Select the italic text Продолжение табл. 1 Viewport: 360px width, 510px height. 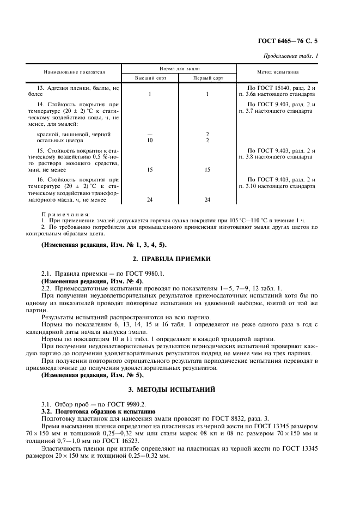[291, 56]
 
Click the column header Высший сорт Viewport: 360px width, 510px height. [149, 78]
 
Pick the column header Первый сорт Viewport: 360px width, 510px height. [207, 78]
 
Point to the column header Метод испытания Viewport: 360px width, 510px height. [277, 72]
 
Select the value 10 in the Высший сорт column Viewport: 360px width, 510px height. [149, 140]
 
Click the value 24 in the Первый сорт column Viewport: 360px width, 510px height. [207, 199]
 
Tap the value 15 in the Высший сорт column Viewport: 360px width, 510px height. [149, 169]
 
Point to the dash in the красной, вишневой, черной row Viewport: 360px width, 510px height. [149, 134]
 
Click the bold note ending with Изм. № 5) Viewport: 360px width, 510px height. [92, 375]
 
